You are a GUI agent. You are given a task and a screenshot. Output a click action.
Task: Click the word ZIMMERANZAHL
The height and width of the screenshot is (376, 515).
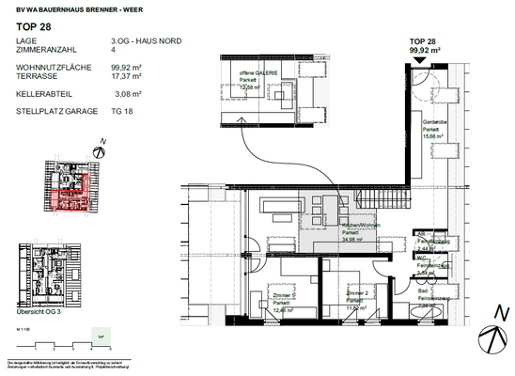coord(43,52)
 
